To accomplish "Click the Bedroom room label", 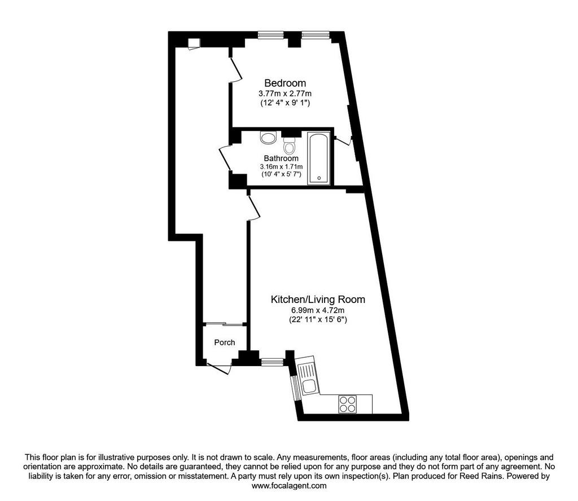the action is click(285, 83).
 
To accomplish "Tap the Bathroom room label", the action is click(281, 159).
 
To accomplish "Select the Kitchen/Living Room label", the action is click(318, 300).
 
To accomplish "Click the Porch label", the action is click(225, 342).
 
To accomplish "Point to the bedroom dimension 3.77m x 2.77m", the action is click(285, 94).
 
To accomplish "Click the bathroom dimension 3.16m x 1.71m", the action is click(281, 166).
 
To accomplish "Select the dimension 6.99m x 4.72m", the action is click(318, 310).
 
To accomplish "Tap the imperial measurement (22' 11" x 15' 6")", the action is click(318, 320).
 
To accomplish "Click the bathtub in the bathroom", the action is click(319, 159).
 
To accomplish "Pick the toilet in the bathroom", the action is click(289, 146).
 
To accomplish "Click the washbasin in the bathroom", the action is click(268, 138).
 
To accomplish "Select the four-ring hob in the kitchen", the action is click(348, 404).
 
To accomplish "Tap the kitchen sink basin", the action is click(308, 386).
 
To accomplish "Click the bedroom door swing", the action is click(235, 69).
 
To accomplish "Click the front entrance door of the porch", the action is click(220, 368).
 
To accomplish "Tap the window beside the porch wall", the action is click(273, 362).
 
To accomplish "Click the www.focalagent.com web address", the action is click(289, 486).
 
